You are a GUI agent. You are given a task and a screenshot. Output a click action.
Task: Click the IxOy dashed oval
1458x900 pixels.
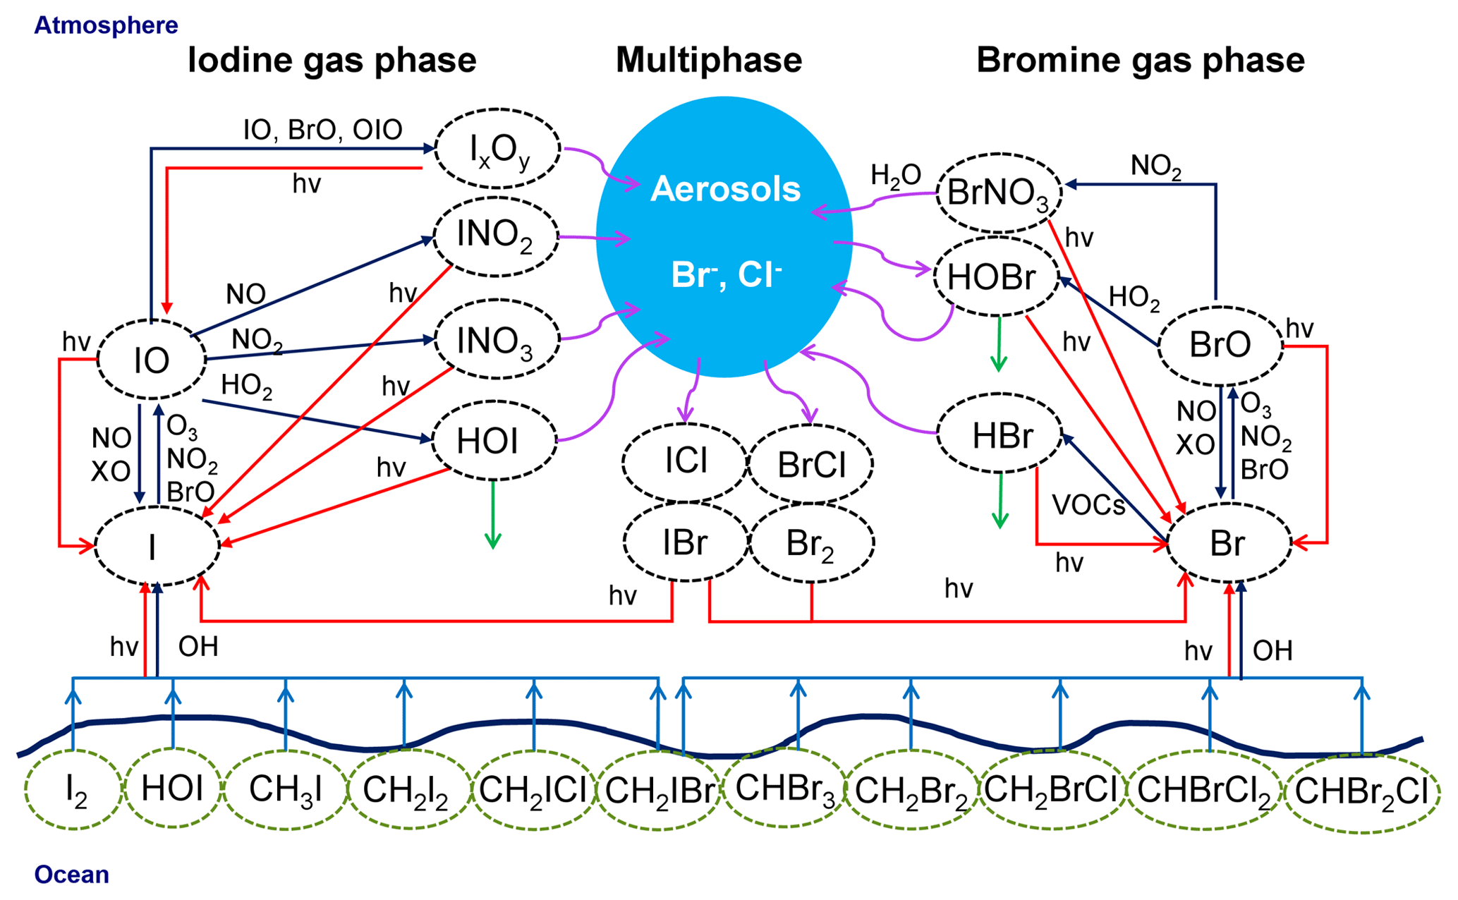[x=498, y=149]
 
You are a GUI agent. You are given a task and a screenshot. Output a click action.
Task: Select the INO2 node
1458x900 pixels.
[x=496, y=236]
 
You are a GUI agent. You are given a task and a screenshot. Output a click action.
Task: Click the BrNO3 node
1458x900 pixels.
[x=999, y=193]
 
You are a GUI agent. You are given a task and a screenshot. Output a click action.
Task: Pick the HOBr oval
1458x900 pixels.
[x=995, y=277]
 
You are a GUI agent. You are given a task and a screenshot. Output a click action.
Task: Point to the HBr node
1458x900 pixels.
[x=1000, y=435]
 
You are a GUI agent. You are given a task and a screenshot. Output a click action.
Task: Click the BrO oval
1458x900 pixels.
[x=1220, y=346]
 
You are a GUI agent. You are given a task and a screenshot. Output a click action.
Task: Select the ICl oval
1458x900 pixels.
[x=685, y=462]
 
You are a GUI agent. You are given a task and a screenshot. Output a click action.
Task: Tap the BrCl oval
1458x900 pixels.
[x=810, y=465]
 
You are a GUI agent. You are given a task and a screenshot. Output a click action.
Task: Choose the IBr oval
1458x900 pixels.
[x=685, y=542]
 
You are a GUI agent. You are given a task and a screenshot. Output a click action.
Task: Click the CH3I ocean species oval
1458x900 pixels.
[x=285, y=790]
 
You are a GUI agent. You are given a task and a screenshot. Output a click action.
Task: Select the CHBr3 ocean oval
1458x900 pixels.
[x=784, y=789]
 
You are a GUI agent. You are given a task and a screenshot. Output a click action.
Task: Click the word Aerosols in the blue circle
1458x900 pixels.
[x=725, y=189]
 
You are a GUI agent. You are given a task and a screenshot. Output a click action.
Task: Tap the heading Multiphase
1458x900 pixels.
[x=709, y=60]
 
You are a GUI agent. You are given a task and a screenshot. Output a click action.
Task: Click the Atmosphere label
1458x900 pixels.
[x=106, y=25]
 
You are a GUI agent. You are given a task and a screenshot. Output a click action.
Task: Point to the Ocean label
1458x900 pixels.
[x=71, y=875]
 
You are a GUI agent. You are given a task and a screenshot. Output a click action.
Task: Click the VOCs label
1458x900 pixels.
[x=1088, y=505]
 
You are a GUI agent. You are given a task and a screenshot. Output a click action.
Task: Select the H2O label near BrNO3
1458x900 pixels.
[x=895, y=176]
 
